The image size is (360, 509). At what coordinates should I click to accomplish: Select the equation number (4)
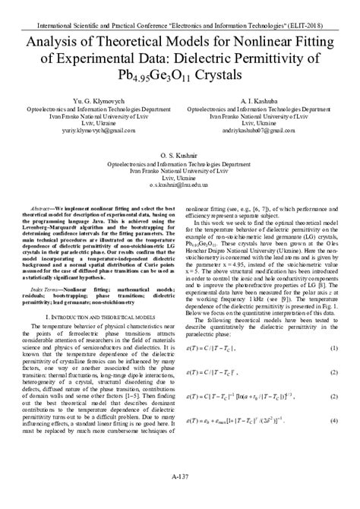click(333, 442)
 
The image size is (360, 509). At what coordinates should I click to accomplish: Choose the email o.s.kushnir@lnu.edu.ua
click(180, 185)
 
